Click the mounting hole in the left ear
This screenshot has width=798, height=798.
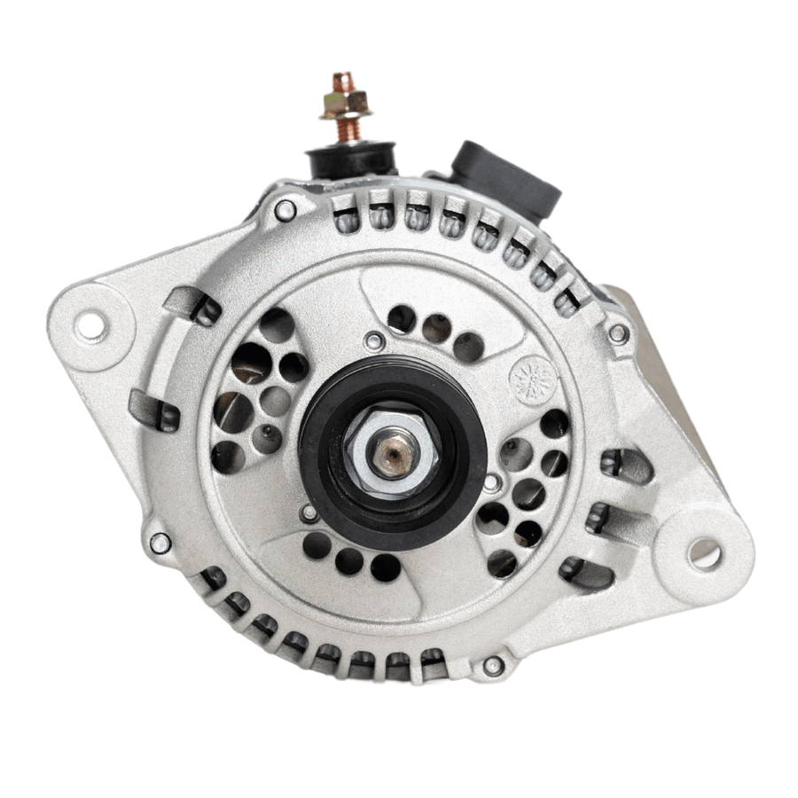(x=90, y=325)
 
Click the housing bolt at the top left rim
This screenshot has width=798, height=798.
(x=285, y=211)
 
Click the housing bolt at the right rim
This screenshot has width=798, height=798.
(x=619, y=334)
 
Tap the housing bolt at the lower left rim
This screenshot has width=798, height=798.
(x=160, y=542)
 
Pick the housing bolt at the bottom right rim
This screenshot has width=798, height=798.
(x=494, y=664)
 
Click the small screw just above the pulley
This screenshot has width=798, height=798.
(x=375, y=340)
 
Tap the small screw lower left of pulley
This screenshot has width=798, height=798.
(x=308, y=512)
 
